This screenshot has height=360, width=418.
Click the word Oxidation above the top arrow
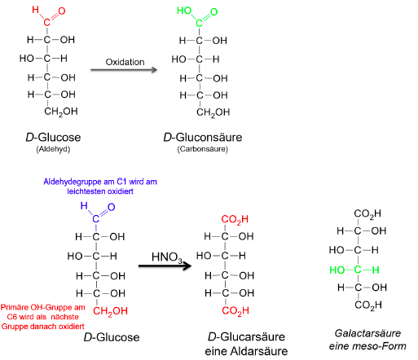(125, 62)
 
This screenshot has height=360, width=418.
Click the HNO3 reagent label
(167, 257)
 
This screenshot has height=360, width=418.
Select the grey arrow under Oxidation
(124, 70)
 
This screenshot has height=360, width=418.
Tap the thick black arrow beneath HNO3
(165, 266)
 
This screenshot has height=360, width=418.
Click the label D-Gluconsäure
(203, 138)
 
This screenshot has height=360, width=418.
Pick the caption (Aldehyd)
(53, 149)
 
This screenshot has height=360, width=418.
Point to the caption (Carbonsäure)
(203, 149)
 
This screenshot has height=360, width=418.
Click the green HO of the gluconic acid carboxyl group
(184, 11)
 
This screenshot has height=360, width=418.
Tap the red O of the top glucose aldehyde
(62, 11)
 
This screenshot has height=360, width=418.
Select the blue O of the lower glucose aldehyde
(111, 207)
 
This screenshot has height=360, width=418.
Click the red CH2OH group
(110, 311)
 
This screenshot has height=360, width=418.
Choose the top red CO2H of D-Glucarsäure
(235, 219)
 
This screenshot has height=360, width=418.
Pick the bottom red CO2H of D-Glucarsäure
(235, 311)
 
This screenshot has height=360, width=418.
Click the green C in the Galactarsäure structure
(358, 270)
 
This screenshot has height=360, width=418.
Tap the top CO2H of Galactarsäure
(367, 213)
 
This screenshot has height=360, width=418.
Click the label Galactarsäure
(367, 333)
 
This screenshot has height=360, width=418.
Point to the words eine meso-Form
(367, 346)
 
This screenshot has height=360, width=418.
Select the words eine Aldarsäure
(246, 351)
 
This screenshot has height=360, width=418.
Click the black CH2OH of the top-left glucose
(61, 112)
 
